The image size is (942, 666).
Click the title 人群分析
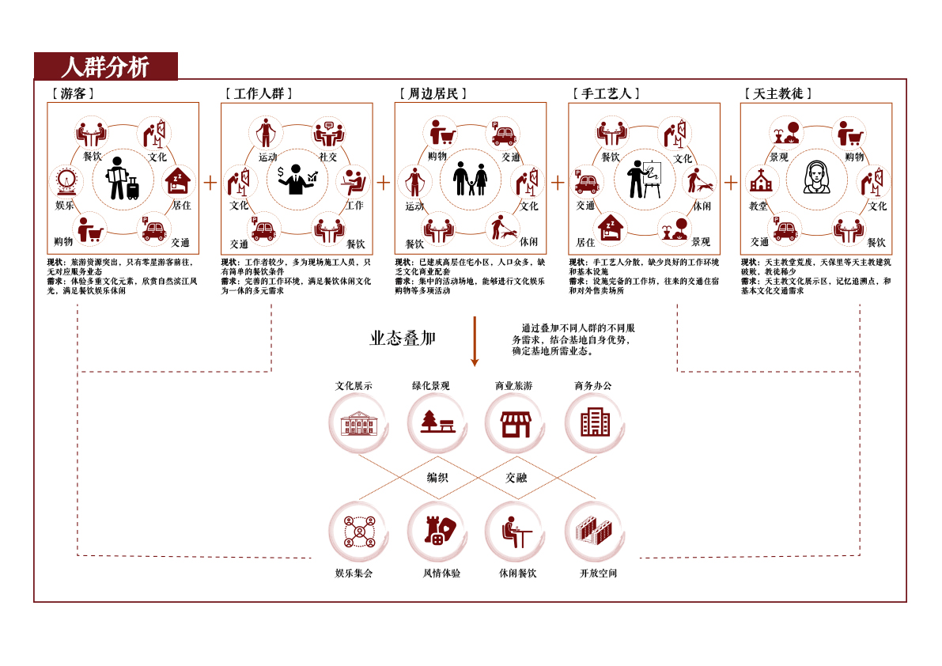pyautogui.click(x=105, y=66)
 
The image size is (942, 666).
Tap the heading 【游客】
pyautogui.click(x=73, y=93)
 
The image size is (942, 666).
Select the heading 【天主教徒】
pyautogui.click(x=778, y=93)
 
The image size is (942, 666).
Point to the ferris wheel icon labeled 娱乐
pyautogui.click(x=66, y=181)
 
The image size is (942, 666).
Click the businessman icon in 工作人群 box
pyautogui.click(x=297, y=179)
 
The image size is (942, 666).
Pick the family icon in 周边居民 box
pyautogui.click(x=471, y=178)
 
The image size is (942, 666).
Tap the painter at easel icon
pyautogui.click(x=644, y=179)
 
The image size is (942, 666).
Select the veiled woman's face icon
pyautogui.click(x=817, y=177)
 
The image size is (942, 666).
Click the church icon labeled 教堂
pyautogui.click(x=761, y=181)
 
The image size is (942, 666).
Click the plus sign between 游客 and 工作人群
pyautogui.click(x=210, y=183)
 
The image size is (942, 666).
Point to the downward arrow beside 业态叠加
pyautogui.click(x=475, y=341)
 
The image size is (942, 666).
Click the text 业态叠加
pyautogui.click(x=403, y=338)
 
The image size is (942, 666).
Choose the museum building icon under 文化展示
pyautogui.click(x=358, y=423)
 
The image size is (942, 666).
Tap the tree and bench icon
pyautogui.click(x=437, y=422)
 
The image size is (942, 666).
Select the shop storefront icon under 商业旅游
pyautogui.click(x=516, y=424)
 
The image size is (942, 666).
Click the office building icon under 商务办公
pyautogui.click(x=595, y=422)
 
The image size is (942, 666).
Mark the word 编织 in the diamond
pyautogui.click(x=437, y=478)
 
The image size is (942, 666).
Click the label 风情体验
pyautogui.click(x=441, y=573)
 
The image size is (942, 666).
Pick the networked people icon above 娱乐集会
pyautogui.click(x=359, y=532)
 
